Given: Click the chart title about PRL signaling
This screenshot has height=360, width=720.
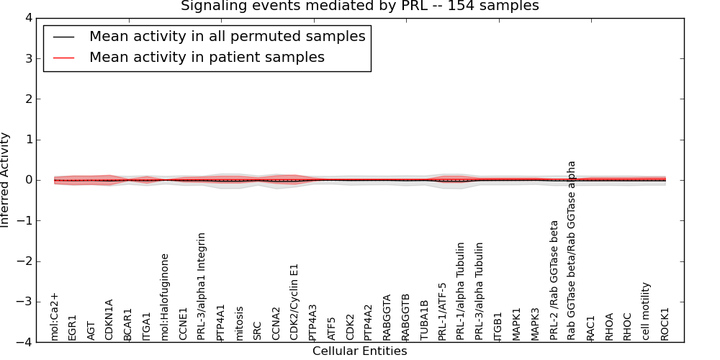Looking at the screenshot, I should point(359,6).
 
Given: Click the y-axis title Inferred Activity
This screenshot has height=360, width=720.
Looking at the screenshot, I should point(6,180).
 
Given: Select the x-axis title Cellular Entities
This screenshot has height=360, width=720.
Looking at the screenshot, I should point(359,351).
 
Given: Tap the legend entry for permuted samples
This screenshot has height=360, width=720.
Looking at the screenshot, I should point(227,36).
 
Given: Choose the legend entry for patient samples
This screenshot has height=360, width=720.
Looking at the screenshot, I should point(207,57).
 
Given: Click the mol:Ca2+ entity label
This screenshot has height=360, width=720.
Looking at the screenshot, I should point(54,316).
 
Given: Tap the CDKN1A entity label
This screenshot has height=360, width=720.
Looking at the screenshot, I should point(109,320).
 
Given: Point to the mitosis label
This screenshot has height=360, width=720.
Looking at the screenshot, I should point(239,323).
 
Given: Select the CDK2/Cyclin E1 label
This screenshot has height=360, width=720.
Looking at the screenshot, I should point(294,302).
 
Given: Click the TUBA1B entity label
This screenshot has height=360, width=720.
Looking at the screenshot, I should point(424,320).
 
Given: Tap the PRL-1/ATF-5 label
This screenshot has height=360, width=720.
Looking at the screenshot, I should point(442,311).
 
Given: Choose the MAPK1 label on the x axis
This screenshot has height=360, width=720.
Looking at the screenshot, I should point(516,323).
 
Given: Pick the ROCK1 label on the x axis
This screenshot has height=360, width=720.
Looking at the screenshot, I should point(665,323).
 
